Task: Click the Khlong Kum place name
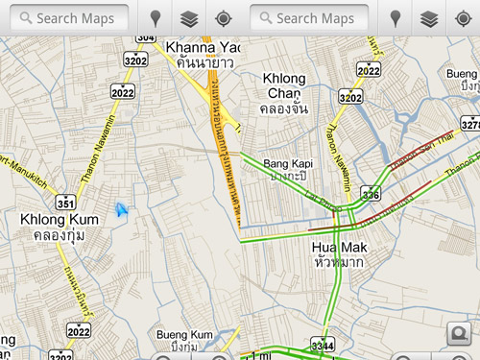[59, 220]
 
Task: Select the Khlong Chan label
[283, 85]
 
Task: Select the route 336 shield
[371, 195]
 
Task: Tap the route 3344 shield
[323, 344]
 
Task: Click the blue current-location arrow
[122, 210]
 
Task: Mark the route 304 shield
[145, 36]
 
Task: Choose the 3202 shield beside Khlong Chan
[350, 97]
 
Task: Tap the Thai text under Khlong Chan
[285, 108]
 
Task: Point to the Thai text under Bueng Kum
[184, 347]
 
